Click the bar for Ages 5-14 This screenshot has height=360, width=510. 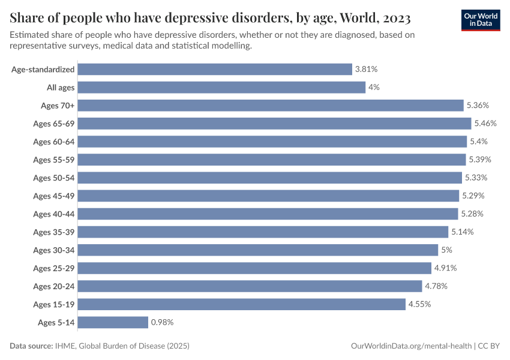113,322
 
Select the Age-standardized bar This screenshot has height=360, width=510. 215,70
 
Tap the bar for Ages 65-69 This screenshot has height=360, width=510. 274,124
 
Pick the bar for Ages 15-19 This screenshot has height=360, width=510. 242,304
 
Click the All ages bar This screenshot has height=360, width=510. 221,88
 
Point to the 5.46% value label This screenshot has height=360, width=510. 485,124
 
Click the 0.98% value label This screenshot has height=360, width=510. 162,322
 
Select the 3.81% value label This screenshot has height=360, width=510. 366,70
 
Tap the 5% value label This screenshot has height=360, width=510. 446,250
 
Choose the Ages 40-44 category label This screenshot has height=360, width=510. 53,214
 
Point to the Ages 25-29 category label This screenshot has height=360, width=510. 53,268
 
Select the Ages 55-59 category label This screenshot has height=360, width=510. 53,160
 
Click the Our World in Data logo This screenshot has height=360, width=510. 481,19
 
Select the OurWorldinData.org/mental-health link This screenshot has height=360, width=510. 410,346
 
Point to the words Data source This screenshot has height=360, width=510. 31,346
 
